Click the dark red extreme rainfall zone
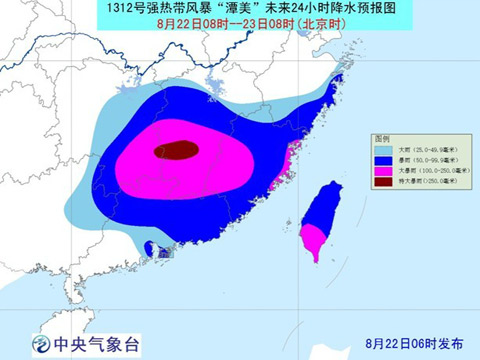pos(175,151)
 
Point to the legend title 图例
pos(381,138)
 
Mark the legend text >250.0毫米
pos(432,181)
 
